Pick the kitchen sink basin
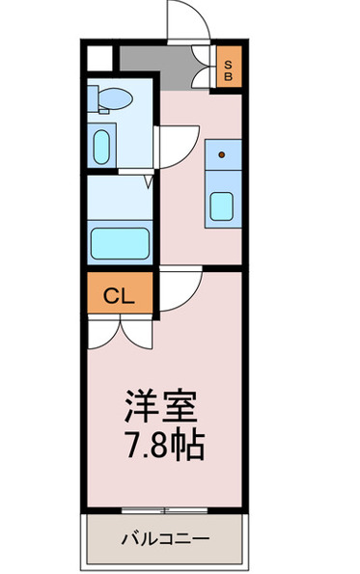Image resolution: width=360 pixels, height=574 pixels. (x=223, y=205)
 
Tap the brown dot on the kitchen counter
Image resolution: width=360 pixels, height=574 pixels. (x=222, y=153)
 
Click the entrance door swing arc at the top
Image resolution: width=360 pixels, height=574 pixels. (x=184, y=21)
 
